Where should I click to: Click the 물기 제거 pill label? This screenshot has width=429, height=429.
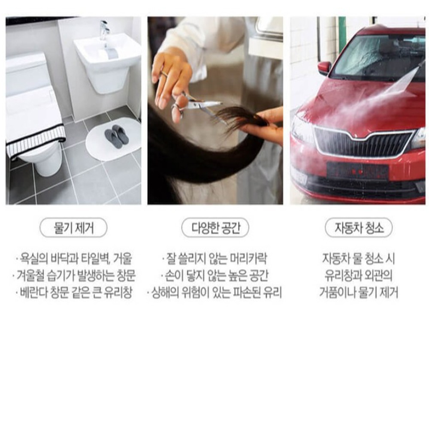pyautogui.click(x=73, y=227)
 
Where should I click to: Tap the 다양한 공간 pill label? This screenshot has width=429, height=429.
pyautogui.click(x=215, y=227)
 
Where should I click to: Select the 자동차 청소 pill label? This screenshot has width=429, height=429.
pyautogui.click(x=359, y=227)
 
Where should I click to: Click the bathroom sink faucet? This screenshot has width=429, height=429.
pyautogui.click(x=104, y=30)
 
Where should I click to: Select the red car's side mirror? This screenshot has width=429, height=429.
pyautogui.click(x=324, y=68)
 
